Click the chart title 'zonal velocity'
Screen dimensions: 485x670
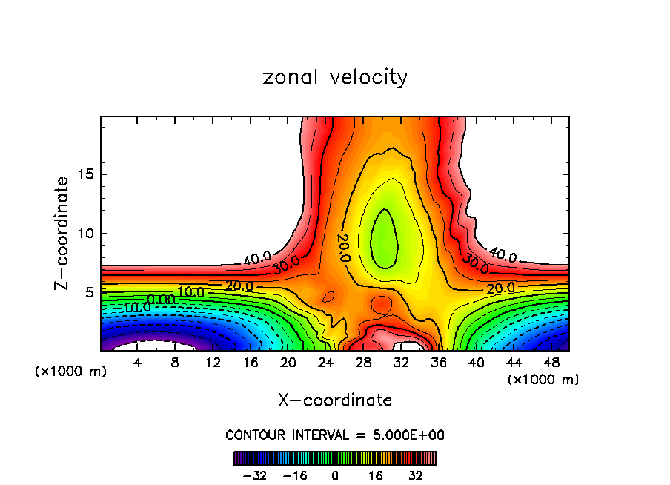335,77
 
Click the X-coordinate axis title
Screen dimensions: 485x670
335,400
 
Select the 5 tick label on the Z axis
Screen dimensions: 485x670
89,292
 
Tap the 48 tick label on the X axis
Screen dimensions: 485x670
551,363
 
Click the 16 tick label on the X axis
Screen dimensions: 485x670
251,363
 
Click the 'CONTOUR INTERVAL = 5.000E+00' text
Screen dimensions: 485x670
335,435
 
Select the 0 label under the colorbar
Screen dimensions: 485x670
335,475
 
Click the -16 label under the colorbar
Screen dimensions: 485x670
295,475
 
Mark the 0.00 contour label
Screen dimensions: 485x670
161,300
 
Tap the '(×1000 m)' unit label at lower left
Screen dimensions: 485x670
70,371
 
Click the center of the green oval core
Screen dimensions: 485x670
384,239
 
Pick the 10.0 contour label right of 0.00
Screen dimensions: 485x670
190,292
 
